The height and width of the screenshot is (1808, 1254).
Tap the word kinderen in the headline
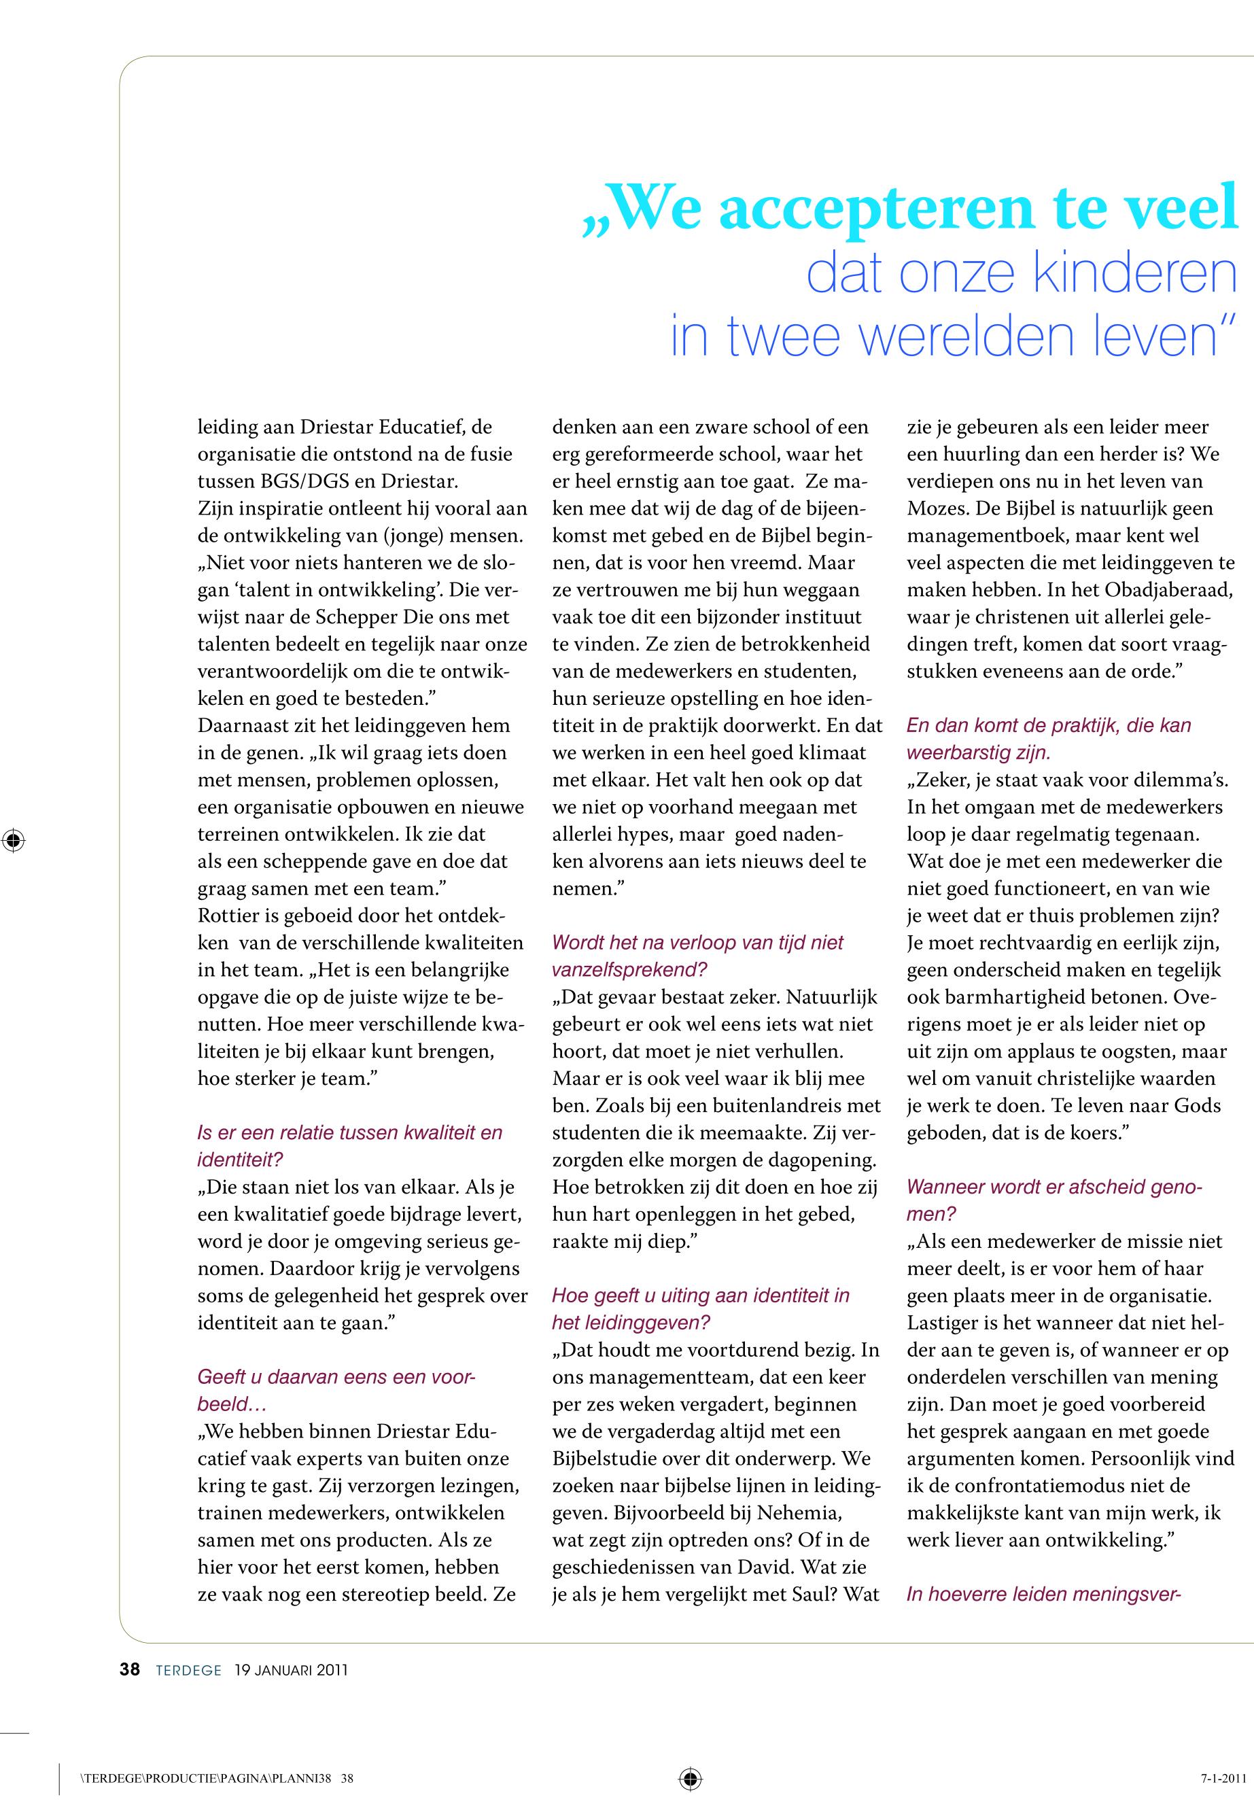point(1134,273)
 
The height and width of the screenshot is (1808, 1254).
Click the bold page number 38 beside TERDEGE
point(130,1670)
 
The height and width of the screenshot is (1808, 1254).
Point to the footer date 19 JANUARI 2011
point(291,1671)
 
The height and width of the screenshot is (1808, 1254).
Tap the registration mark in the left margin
point(14,840)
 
